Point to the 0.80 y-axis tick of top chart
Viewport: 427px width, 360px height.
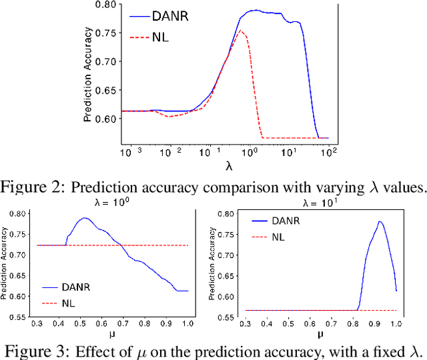point(105,5)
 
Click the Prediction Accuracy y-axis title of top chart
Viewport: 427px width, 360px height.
point(87,78)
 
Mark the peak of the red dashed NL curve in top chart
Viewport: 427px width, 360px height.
point(241,31)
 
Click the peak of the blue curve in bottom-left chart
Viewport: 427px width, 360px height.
point(85,218)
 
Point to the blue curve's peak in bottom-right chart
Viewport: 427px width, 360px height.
point(380,222)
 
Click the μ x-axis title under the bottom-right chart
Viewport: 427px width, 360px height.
point(320,334)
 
